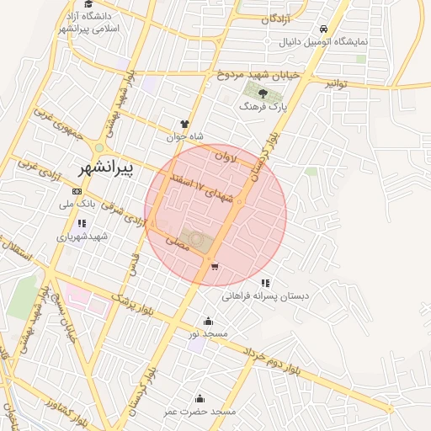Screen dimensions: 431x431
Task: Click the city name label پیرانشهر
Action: [105, 168]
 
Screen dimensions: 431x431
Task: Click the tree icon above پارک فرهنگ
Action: [263, 93]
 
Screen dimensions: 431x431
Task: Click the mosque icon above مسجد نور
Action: [209, 321]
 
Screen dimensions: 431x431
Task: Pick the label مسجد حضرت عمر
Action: [200, 412]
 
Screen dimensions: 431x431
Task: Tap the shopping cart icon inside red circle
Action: [215, 267]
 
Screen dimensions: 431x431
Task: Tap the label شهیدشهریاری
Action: [82, 237]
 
